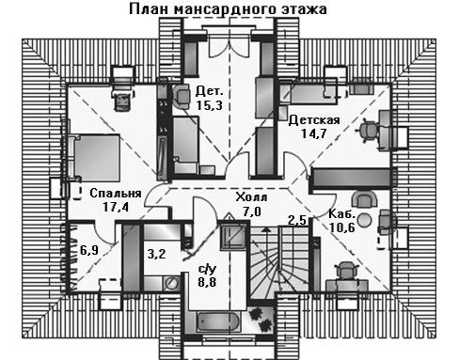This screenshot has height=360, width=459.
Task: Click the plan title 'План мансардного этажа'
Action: pyautogui.click(x=228, y=8)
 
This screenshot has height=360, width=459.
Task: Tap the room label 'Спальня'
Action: pyautogui.click(x=116, y=193)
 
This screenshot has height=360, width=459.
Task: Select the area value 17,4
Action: pyautogui.click(x=116, y=207)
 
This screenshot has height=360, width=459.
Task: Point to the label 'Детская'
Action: pyautogui.click(x=314, y=120)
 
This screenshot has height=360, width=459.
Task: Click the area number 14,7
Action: pyautogui.click(x=314, y=133)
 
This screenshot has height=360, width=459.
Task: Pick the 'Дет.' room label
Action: pyautogui.click(x=210, y=91)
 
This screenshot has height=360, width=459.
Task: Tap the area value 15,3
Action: pyautogui.click(x=210, y=105)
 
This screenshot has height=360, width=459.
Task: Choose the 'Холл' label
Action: pyautogui.click(x=251, y=197)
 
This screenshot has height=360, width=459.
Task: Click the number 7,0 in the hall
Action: pyautogui.click(x=251, y=211)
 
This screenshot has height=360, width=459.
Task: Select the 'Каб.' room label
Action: pyautogui.click(x=342, y=214)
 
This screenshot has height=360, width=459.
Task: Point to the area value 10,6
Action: pyautogui.click(x=342, y=227)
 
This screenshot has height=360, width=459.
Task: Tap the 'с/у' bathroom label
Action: pyautogui.click(x=207, y=269)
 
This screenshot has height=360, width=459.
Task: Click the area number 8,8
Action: pyautogui.click(x=207, y=282)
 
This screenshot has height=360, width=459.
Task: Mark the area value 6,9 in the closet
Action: pyautogui.click(x=89, y=250)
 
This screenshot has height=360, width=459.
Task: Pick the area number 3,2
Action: pyautogui.click(x=156, y=254)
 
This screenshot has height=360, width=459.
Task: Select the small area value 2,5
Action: pyautogui.click(x=297, y=220)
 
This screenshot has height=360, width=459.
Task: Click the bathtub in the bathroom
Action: pyautogui.click(x=219, y=321)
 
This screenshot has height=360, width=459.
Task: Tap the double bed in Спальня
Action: pyautogui.click(x=93, y=158)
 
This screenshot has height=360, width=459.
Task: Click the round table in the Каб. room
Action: pyautogui.click(x=365, y=220)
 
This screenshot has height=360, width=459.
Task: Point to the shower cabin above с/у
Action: pyautogui.click(x=232, y=237)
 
